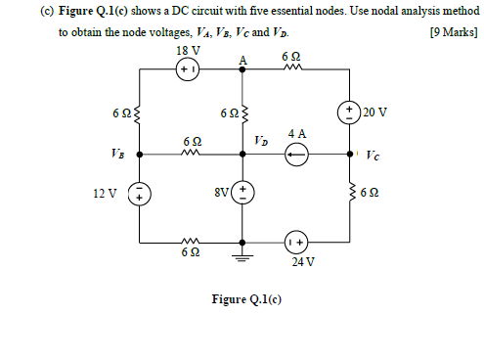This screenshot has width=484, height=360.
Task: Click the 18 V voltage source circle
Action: pyautogui.click(x=188, y=70)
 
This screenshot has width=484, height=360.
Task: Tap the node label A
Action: pyautogui.click(x=242, y=60)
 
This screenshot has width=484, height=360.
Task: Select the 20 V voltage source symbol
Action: pyautogui.click(x=350, y=111)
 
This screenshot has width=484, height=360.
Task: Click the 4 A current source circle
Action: pyautogui.click(x=296, y=155)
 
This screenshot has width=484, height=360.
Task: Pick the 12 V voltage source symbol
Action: pyautogui.click(x=139, y=193)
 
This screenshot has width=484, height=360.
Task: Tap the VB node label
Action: pyautogui.click(x=119, y=155)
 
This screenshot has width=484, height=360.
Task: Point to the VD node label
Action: pyautogui.click(x=260, y=141)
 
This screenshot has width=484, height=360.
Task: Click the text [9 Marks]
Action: pyautogui.click(x=454, y=31)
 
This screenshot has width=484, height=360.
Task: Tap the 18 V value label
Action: pyautogui.click(x=188, y=51)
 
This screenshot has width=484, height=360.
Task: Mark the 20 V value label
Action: pyautogui.click(x=374, y=111)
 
